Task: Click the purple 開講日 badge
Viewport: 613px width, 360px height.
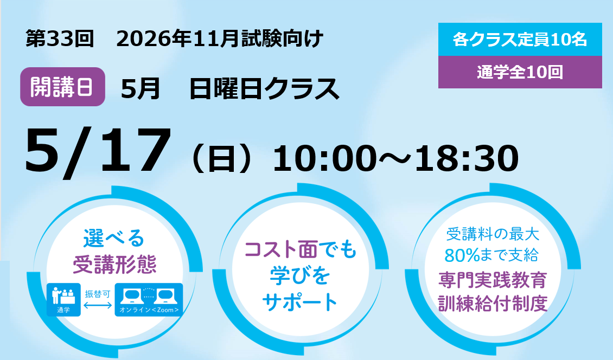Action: [x=62, y=87]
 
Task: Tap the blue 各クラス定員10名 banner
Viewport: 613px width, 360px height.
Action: [x=520, y=40]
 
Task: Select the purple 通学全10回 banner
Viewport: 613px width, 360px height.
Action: [x=520, y=72]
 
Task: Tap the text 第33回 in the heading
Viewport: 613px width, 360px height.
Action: [x=60, y=38]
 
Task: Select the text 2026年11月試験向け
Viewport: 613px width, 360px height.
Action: [x=219, y=38]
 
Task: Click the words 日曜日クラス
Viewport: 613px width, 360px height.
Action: [x=264, y=89]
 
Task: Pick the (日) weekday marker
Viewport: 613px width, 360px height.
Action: [x=221, y=158]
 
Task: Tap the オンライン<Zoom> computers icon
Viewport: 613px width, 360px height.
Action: [x=149, y=300]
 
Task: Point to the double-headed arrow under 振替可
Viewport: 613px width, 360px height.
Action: [x=98, y=305]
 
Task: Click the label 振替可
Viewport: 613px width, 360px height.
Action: [x=98, y=294]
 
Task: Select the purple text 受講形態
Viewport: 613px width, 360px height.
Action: [x=115, y=264]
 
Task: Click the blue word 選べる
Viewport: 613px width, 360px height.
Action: [x=114, y=238]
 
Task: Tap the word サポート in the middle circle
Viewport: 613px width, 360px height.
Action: [x=300, y=302]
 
